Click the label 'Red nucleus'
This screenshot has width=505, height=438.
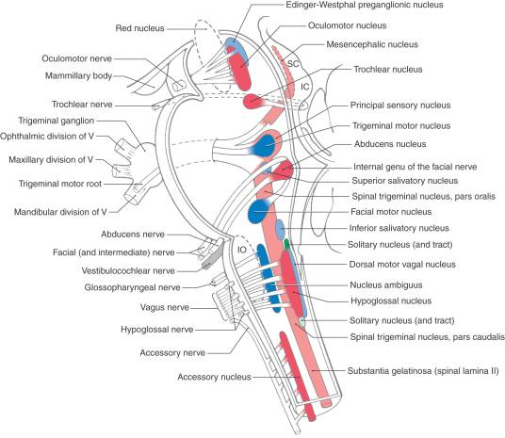139,28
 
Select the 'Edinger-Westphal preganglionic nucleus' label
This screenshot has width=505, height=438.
365,5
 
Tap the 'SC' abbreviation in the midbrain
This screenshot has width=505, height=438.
293,64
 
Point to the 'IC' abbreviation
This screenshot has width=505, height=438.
305,87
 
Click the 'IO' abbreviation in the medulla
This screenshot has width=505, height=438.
242,250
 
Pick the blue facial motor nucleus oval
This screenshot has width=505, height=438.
257,211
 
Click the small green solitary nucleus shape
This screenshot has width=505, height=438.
287,244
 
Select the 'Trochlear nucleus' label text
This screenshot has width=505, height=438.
388,70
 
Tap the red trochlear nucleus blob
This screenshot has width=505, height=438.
252,101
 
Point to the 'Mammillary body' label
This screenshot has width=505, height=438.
78,76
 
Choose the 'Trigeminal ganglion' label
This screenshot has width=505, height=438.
57,121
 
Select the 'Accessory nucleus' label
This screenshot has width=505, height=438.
214,377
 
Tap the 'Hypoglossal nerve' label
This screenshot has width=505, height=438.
157,330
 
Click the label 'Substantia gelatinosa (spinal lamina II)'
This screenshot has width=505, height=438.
423,371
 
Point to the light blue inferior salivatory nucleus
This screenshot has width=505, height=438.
281,229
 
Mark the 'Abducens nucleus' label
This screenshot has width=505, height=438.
390,144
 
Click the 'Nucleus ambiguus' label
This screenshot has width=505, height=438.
386,285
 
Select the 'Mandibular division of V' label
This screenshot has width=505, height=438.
60,212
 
